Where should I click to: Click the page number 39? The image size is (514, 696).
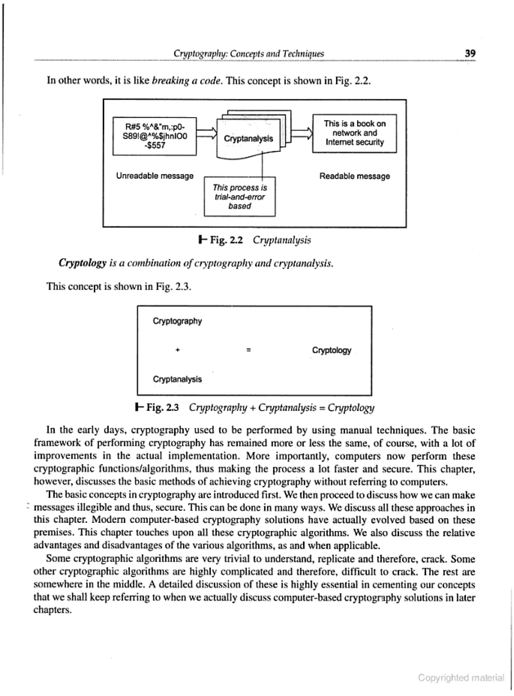[x=470, y=53]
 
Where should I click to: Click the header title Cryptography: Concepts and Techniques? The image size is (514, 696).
[x=249, y=54]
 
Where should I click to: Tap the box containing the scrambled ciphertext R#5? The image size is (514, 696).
[x=154, y=136]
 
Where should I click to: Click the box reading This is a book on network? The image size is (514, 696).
[x=354, y=133]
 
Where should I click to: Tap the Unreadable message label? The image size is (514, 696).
[x=155, y=176]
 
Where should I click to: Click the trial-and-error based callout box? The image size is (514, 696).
[x=240, y=197]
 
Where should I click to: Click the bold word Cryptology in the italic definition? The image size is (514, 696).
[x=83, y=263]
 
